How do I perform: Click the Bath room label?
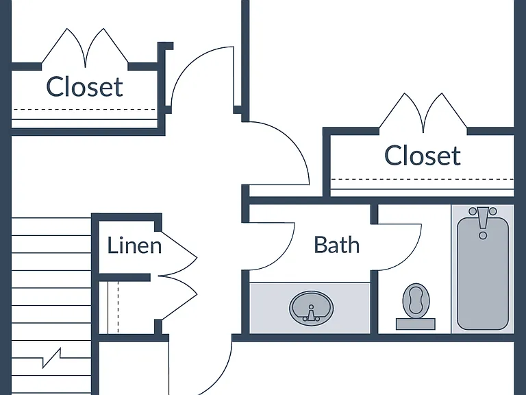tap(336, 245)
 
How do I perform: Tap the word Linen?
tap(134, 246)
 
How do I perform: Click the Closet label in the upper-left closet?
tap(84, 87)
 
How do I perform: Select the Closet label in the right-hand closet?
tap(423, 156)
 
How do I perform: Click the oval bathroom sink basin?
tap(312, 309)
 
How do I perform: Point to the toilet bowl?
tap(416, 300)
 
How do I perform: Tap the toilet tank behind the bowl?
tap(416, 324)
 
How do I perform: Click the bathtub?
tap(483, 274)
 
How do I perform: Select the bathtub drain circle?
tap(483, 235)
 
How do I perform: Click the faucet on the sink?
tap(311, 314)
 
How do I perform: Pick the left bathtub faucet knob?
tap(473, 211)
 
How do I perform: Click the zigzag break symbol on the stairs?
tap(51, 359)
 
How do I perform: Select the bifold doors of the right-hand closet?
tap(423, 112)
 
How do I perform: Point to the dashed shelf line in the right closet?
tap(423, 179)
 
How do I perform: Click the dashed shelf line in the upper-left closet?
tap(84, 110)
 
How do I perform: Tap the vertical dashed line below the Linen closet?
tap(118, 307)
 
